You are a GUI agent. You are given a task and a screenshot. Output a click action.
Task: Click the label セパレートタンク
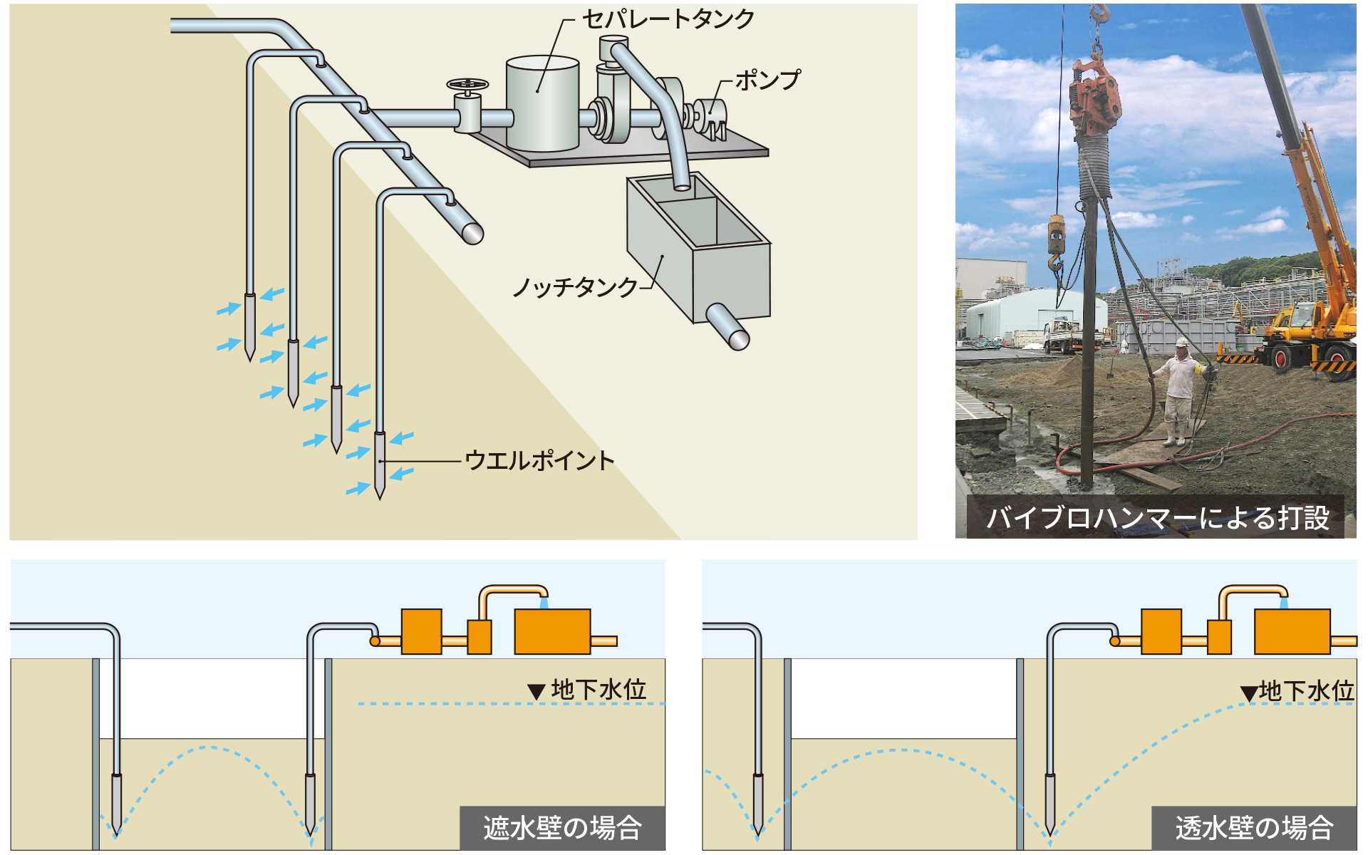pos(668,19)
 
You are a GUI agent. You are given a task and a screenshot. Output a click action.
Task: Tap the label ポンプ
pos(767,80)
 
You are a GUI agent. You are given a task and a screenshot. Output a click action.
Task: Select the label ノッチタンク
pos(575,287)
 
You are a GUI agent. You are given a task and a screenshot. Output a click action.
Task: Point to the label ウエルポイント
pos(539,461)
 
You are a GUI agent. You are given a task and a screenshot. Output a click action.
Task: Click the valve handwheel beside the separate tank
pos(467,85)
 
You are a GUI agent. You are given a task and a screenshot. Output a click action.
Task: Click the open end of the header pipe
pos(472,232)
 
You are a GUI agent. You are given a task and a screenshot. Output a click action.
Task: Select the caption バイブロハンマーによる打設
pos(1157,518)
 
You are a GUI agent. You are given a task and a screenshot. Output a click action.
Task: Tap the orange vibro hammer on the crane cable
pos(1095,100)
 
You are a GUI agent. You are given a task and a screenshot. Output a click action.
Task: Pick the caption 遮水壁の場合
pos(562,828)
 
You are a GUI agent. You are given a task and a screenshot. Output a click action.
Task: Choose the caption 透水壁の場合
pos(1254,828)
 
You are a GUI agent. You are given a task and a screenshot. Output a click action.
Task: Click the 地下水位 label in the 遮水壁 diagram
pos(598,689)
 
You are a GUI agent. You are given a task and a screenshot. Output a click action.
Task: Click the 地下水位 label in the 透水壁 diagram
pos(1305,690)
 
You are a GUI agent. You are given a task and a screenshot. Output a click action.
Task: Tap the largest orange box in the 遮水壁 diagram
pos(552,631)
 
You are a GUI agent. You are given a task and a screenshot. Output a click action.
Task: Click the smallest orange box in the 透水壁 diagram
pos(1219,637)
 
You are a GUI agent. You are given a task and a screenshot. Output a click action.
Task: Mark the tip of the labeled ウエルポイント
pos(380,496)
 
